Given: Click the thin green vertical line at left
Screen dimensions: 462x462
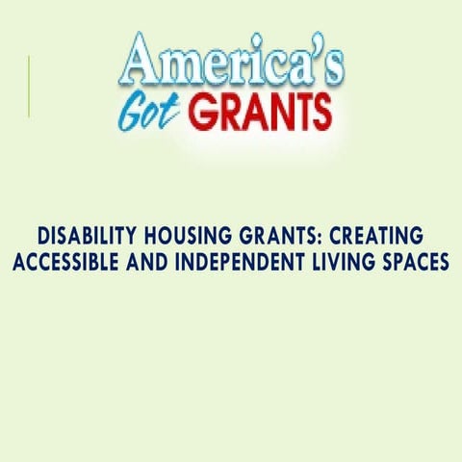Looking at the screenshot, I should (29, 87).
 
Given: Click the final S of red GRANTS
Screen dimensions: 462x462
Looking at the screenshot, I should (320, 114).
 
